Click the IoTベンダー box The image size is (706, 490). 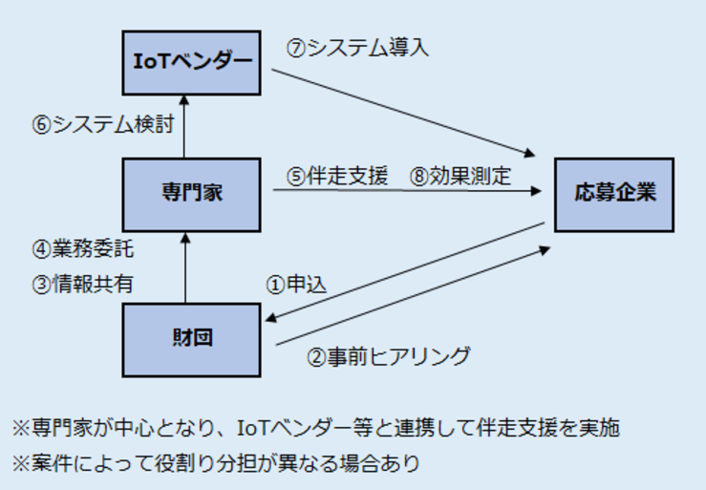pos(191,62)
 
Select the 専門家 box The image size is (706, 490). pos(191,194)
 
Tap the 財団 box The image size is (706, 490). pos(191,339)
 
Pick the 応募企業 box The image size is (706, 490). pos(614,194)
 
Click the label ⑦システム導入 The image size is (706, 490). pos(357,48)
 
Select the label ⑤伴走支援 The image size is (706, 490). pos(337,176)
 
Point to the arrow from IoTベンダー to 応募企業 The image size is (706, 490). pos(401,109)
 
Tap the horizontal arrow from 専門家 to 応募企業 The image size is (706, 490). pos(401,192)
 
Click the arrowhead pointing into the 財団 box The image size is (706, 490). pos(271,321)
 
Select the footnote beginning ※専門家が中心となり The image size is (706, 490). pos(314,427)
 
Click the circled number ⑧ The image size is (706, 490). pos(418,176)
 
